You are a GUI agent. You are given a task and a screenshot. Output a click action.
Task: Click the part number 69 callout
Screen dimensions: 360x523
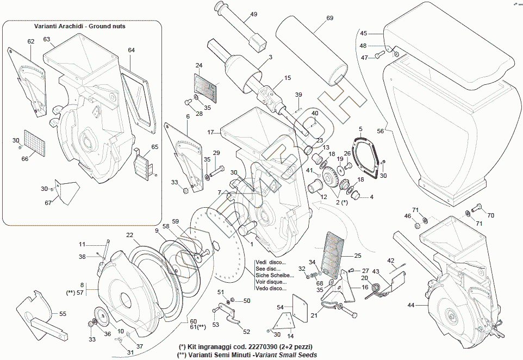(329, 18)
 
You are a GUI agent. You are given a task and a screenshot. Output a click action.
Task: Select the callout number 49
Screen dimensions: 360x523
(254, 15)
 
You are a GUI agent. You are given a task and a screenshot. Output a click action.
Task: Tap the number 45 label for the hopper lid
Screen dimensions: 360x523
(364, 34)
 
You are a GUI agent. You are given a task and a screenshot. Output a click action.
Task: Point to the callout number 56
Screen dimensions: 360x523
(380, 131)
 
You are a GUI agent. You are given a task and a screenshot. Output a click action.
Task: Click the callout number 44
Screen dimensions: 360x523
(410, 306)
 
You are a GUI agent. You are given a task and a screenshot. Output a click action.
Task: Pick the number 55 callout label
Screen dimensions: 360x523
(63, 314)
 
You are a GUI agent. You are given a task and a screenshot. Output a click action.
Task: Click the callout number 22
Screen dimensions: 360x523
(129, 235)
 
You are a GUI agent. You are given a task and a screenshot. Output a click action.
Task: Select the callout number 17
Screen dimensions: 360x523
(210, 132)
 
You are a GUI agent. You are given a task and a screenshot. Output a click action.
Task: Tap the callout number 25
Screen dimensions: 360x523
(357, 255)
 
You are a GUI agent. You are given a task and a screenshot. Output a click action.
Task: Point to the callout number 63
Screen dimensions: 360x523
(47, 39)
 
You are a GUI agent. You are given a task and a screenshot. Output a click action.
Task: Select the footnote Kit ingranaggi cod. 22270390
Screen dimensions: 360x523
(245, 346)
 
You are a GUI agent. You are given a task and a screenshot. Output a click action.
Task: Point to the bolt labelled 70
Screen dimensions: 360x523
(477, 207)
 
